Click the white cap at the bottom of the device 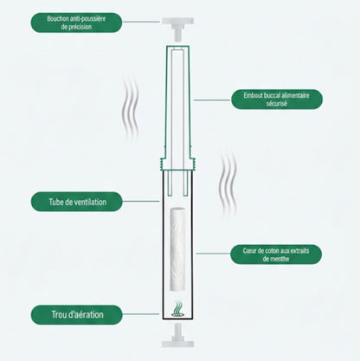pyautogui.click(x=179, y=333)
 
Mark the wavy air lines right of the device pyautogui.click(x=228, y=178)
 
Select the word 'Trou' pyautogui.click(x=50, y=313)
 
